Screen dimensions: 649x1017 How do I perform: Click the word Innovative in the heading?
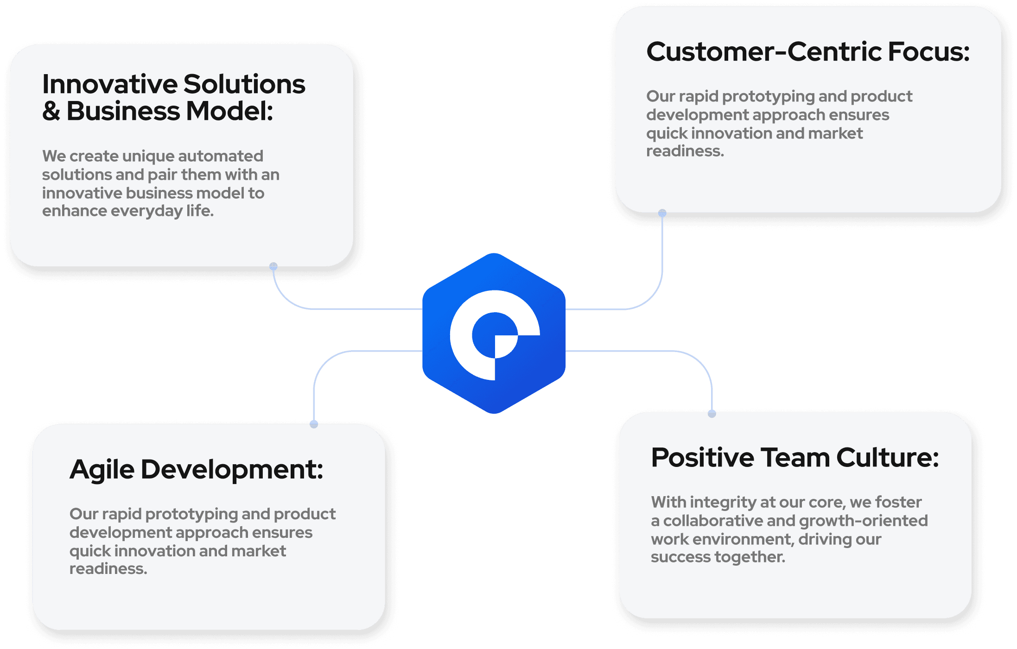point(110,84)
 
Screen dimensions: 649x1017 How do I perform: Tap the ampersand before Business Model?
point(51,112)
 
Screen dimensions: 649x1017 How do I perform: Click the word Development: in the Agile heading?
point(232,470)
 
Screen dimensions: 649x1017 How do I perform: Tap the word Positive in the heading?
point(703,458)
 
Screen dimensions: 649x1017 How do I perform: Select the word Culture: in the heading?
point(887,458)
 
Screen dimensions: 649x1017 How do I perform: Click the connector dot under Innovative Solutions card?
point(273,266)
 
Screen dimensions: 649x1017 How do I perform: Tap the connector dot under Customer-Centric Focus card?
point(662,213)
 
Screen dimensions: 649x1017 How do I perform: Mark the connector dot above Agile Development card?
point(314,423)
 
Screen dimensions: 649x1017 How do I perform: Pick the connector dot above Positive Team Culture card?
point(712,414)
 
